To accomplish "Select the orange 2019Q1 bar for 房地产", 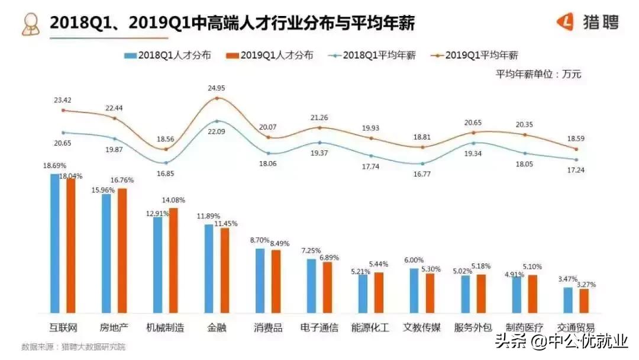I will [122, 250].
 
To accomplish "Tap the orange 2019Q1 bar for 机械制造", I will [173, 260].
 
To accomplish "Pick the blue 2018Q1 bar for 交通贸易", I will [568, 300].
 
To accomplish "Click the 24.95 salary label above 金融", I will [217, 88].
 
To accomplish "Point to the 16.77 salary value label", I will [422, 175].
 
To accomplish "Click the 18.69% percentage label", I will [54, 166].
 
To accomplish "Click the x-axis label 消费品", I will [268, 327].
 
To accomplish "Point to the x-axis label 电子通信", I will [319, 327].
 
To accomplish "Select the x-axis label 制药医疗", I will [524, 327].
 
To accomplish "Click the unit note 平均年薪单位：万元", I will [538, 74].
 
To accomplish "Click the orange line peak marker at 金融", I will [217, 98].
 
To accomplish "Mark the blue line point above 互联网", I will [63, 132].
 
